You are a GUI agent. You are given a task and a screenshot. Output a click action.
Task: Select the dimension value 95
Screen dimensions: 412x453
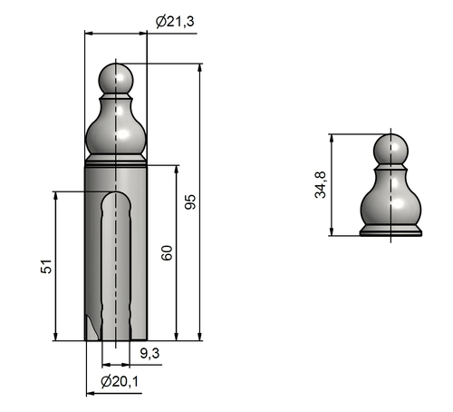click(x=190, y=201)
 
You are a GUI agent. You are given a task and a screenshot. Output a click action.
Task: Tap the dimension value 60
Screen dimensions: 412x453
click(x=167, y=253)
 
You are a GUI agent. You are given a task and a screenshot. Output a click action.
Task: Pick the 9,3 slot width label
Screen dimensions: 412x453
click(x=149, y=352)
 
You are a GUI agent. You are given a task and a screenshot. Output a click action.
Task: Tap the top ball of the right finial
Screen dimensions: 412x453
click(x=391, y=148)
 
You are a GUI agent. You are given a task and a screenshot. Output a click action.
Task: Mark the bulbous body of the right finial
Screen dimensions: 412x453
click(x=391, y=208)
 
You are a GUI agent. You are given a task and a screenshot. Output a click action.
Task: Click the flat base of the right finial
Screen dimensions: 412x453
click(x=391, y=231)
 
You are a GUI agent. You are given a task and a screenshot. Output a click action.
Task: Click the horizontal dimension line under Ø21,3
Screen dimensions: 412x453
click(x=116, y=33)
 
